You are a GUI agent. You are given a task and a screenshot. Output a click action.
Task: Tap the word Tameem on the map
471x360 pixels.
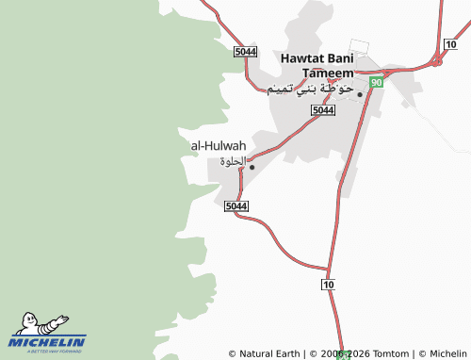(328, 73)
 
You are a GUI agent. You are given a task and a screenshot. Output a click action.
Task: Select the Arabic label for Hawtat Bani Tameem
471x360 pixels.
(310, 90)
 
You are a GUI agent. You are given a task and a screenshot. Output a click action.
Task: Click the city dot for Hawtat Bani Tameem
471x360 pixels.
(360, 93)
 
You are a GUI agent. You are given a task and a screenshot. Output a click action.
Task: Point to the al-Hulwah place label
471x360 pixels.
(219, 146)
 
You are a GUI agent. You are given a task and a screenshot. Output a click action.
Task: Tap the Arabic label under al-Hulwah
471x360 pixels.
(232, 161)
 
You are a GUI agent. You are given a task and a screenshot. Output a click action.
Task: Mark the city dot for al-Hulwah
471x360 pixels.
(252, 167)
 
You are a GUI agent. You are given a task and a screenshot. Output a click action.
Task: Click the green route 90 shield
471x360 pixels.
(376, 84)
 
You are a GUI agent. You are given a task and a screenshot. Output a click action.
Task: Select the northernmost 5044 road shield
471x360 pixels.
(245, 50)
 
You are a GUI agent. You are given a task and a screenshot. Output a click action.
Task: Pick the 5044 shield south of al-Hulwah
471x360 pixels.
(237, 206)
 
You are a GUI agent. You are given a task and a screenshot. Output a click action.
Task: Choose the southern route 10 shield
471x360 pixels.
(327, 284)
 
